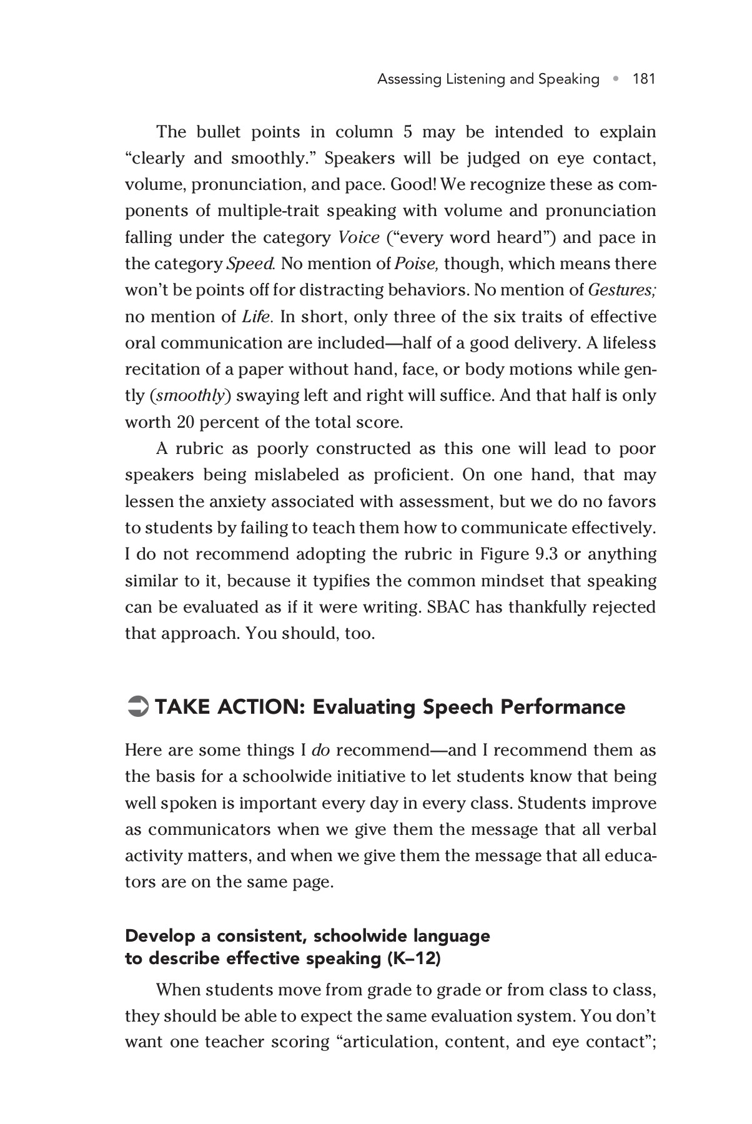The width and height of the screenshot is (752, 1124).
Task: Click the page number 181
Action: (x=644, y=79)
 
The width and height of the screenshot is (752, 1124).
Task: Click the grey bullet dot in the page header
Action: (x=616, y=79)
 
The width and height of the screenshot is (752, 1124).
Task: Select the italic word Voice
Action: (x=359, y=237)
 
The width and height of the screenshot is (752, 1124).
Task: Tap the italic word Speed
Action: (x=250, y=264)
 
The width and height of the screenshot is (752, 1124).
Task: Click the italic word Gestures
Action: (x=622, y=290)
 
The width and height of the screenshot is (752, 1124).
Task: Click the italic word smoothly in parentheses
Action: (x=190, y=396)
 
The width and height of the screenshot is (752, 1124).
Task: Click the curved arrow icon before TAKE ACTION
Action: (x=136, y=707)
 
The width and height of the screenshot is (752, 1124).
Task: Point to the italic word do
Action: (x=320, y=750)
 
